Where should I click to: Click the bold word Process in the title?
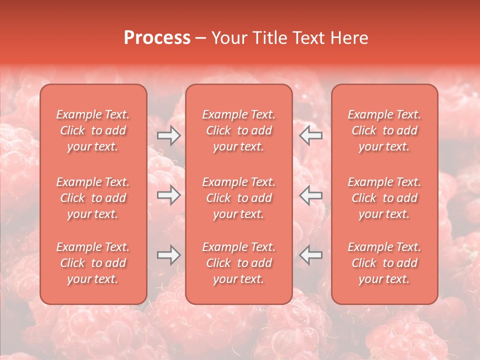tap(157, 38)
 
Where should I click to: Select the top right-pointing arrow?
tap(169, 135)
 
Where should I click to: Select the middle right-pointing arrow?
tap(169, 195)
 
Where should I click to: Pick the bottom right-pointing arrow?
tap(169, 255)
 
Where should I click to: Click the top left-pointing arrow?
tap(310, 135)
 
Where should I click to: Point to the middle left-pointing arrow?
tap(310, 195)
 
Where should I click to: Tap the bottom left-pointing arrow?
tap(310, 255)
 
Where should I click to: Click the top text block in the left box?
tap(93, 130)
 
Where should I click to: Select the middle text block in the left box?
tap(93, 198)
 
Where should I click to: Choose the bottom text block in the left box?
tap(93, 263)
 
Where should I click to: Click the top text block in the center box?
tap(238, 130)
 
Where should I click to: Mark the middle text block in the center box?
tap(238, 198)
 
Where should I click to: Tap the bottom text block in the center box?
tap(238, 263)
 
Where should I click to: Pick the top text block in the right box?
tap(384, 130)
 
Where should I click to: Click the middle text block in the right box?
tap(384, 198)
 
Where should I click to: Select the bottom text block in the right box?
tap(384, 263)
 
